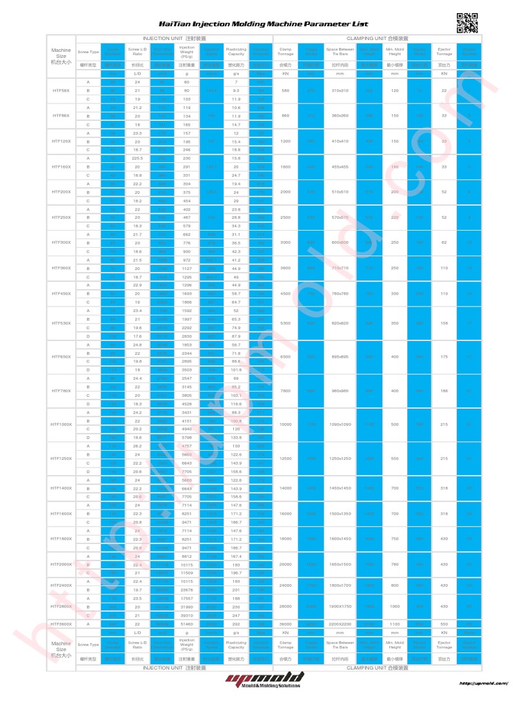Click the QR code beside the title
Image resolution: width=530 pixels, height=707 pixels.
[467, 23]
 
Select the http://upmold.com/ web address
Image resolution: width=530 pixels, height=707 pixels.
[484, 684]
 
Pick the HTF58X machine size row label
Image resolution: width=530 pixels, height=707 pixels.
[61, 90]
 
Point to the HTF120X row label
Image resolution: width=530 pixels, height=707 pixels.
[61, 141]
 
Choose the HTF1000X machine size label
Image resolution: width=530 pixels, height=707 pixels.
[61, 424]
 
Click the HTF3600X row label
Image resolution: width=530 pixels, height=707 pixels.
[61, 623]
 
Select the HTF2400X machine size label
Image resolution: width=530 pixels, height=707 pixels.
[61, 585]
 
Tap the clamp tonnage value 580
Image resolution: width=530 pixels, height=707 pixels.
[286, 90]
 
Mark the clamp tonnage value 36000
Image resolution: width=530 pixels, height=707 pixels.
[286, 623]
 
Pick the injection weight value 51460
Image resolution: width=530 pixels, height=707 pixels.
[186, 623]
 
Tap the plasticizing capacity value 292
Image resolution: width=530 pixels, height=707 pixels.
[236, 623]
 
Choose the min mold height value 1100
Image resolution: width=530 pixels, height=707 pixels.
[395, 623]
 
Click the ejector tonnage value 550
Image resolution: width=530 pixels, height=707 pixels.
[444, 623]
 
